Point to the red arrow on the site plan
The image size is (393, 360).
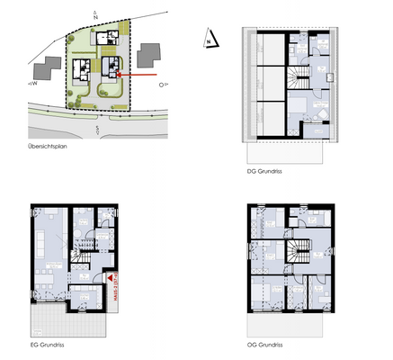[142, 76]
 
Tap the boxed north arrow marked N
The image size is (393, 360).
[208, 39]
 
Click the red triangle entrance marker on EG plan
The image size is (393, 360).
[110, 280]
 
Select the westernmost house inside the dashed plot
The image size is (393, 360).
[80, 67]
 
